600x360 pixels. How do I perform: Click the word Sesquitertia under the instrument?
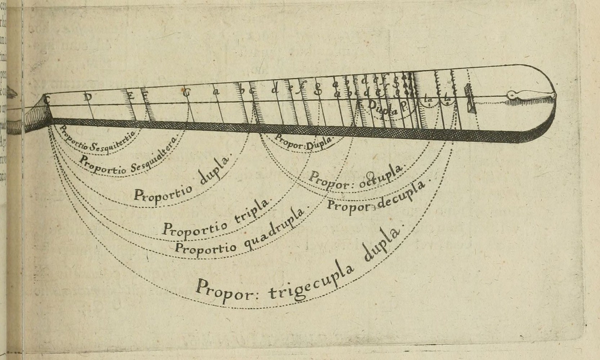113,143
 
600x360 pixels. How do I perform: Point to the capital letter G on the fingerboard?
186,93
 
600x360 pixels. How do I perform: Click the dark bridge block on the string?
469,98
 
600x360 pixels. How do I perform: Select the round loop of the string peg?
511,95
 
